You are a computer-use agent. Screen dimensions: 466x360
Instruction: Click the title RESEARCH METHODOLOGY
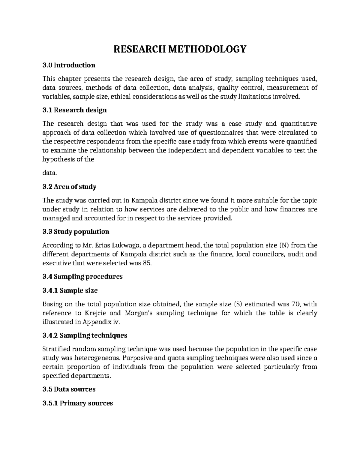click(180, 49)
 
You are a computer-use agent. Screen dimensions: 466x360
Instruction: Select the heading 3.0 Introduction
click(69, 65)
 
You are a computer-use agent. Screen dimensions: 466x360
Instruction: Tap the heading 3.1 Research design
click(75, 110)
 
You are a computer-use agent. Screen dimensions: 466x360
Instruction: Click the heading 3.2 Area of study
click(69, 187)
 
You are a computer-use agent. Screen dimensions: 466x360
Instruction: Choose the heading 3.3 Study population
click(76, 232)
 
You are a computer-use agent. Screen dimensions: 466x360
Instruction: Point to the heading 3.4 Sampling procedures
click(82, 276)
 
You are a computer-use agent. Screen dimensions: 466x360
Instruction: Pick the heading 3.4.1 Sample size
click(70, 290)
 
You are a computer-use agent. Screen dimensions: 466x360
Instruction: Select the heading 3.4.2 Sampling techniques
click(85, 335)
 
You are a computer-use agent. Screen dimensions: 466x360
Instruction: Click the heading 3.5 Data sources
click(69, 389)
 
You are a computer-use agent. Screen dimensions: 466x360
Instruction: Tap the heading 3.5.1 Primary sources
click(78, 403)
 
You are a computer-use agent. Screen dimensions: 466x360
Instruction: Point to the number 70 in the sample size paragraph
click(295, 304)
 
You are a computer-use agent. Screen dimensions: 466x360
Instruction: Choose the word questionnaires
click(216, 133)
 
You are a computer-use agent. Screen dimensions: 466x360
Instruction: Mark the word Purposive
click(138, 358)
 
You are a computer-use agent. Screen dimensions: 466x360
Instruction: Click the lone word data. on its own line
click(49, 173)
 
